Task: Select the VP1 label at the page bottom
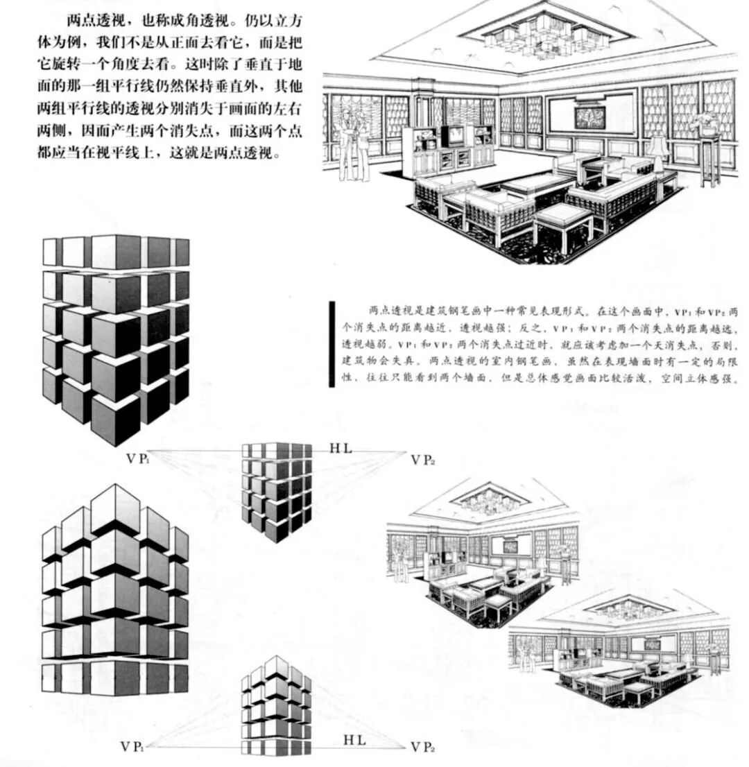[x=132, y=747]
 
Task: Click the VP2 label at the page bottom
[x=422, y=747]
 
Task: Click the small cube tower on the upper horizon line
[x=277, y=490]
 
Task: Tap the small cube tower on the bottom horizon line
[x=276, y=707]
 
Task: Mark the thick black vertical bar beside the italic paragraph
[x=332, y=343]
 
